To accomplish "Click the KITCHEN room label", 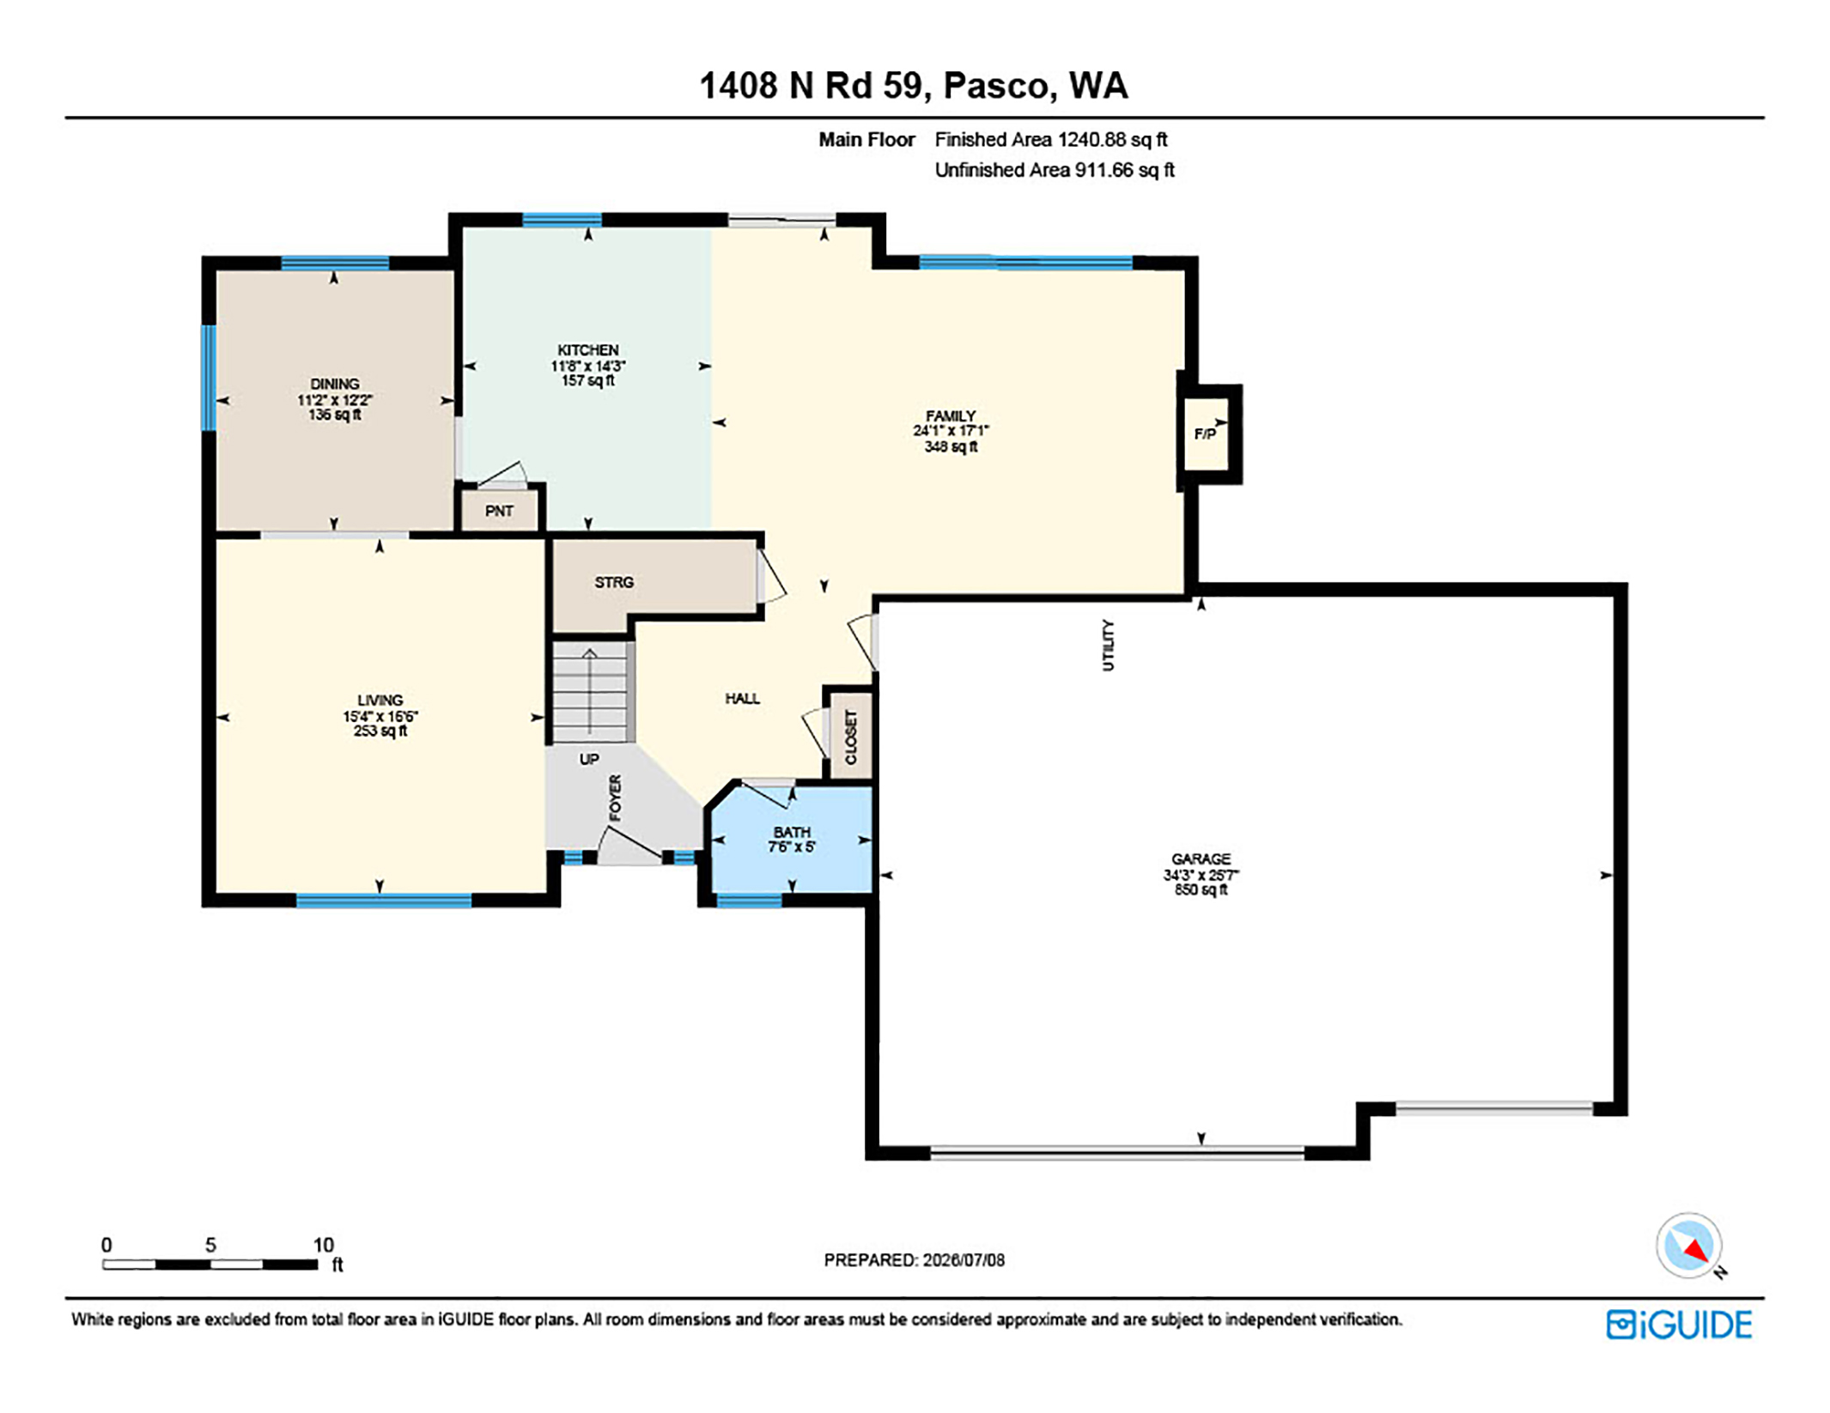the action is pos(587,350).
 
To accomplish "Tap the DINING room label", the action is pos(334,384).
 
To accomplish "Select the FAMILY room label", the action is pos(950,415).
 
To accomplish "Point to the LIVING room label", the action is pos(380,700).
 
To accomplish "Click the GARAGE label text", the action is pos(1201,858).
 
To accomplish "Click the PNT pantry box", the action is pos(500,510).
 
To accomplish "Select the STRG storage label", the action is pos(614,582).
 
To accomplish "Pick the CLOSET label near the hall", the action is pos(850,737).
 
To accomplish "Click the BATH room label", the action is pos(791,832).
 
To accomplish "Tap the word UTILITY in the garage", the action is pos(1108,645).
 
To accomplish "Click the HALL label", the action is pos(742,699).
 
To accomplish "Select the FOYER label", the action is pos(615,797).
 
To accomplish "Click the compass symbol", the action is pos(1690,1246).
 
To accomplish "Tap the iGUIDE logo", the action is pos(1679,1325).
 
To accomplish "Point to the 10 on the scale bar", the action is pos(323,1245).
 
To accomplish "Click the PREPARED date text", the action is pos(914,1260).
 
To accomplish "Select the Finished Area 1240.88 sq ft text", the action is pos(1051,140).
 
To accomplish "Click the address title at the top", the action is pos(914,86).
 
